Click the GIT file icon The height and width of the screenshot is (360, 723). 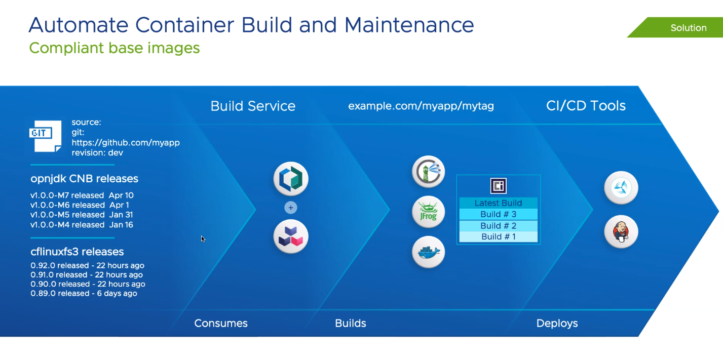pyautogui.click(x=45, y=136)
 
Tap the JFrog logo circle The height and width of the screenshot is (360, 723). pyautogui.click(x=428, y=212)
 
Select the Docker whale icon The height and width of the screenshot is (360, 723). pyautogui.click(x=428, y=252)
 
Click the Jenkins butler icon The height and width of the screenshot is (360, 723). pyautogui.click(x=621, y=231)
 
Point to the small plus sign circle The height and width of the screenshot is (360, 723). pyautogui.click(x=290, y=208)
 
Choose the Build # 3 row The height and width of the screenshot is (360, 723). pyautogui.click(x=499, y=214)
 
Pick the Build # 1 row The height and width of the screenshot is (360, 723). pyautogui.click(x=499, y=237)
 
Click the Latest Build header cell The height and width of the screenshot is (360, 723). pyautogui.click(x=499, y=203)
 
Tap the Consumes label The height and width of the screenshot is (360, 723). pyautogui.click(x=221, y=323)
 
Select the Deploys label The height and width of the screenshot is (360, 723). pyautogui.click(x=557, y=323)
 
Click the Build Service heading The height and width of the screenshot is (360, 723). pyautogui.click(x=253, y=106)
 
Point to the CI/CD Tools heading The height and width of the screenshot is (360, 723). pyautogui.click(x=586, y=105)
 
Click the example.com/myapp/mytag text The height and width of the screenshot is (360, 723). pyautogui.click(x=421, y=106)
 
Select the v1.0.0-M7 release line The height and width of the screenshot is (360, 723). pyautogui.click(x=82, y=195)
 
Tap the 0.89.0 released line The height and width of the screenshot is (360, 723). pyautogui.click(x=84, y=293)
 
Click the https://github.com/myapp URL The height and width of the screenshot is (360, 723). pyautogui.click(x=126, y=143)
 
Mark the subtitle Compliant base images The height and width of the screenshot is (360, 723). pyautogui.click(x=115, y=48)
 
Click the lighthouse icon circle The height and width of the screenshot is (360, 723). pyautogui.click(x=428, y=172)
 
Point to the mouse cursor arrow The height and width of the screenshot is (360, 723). pyautogui.click(x=203, y=238)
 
